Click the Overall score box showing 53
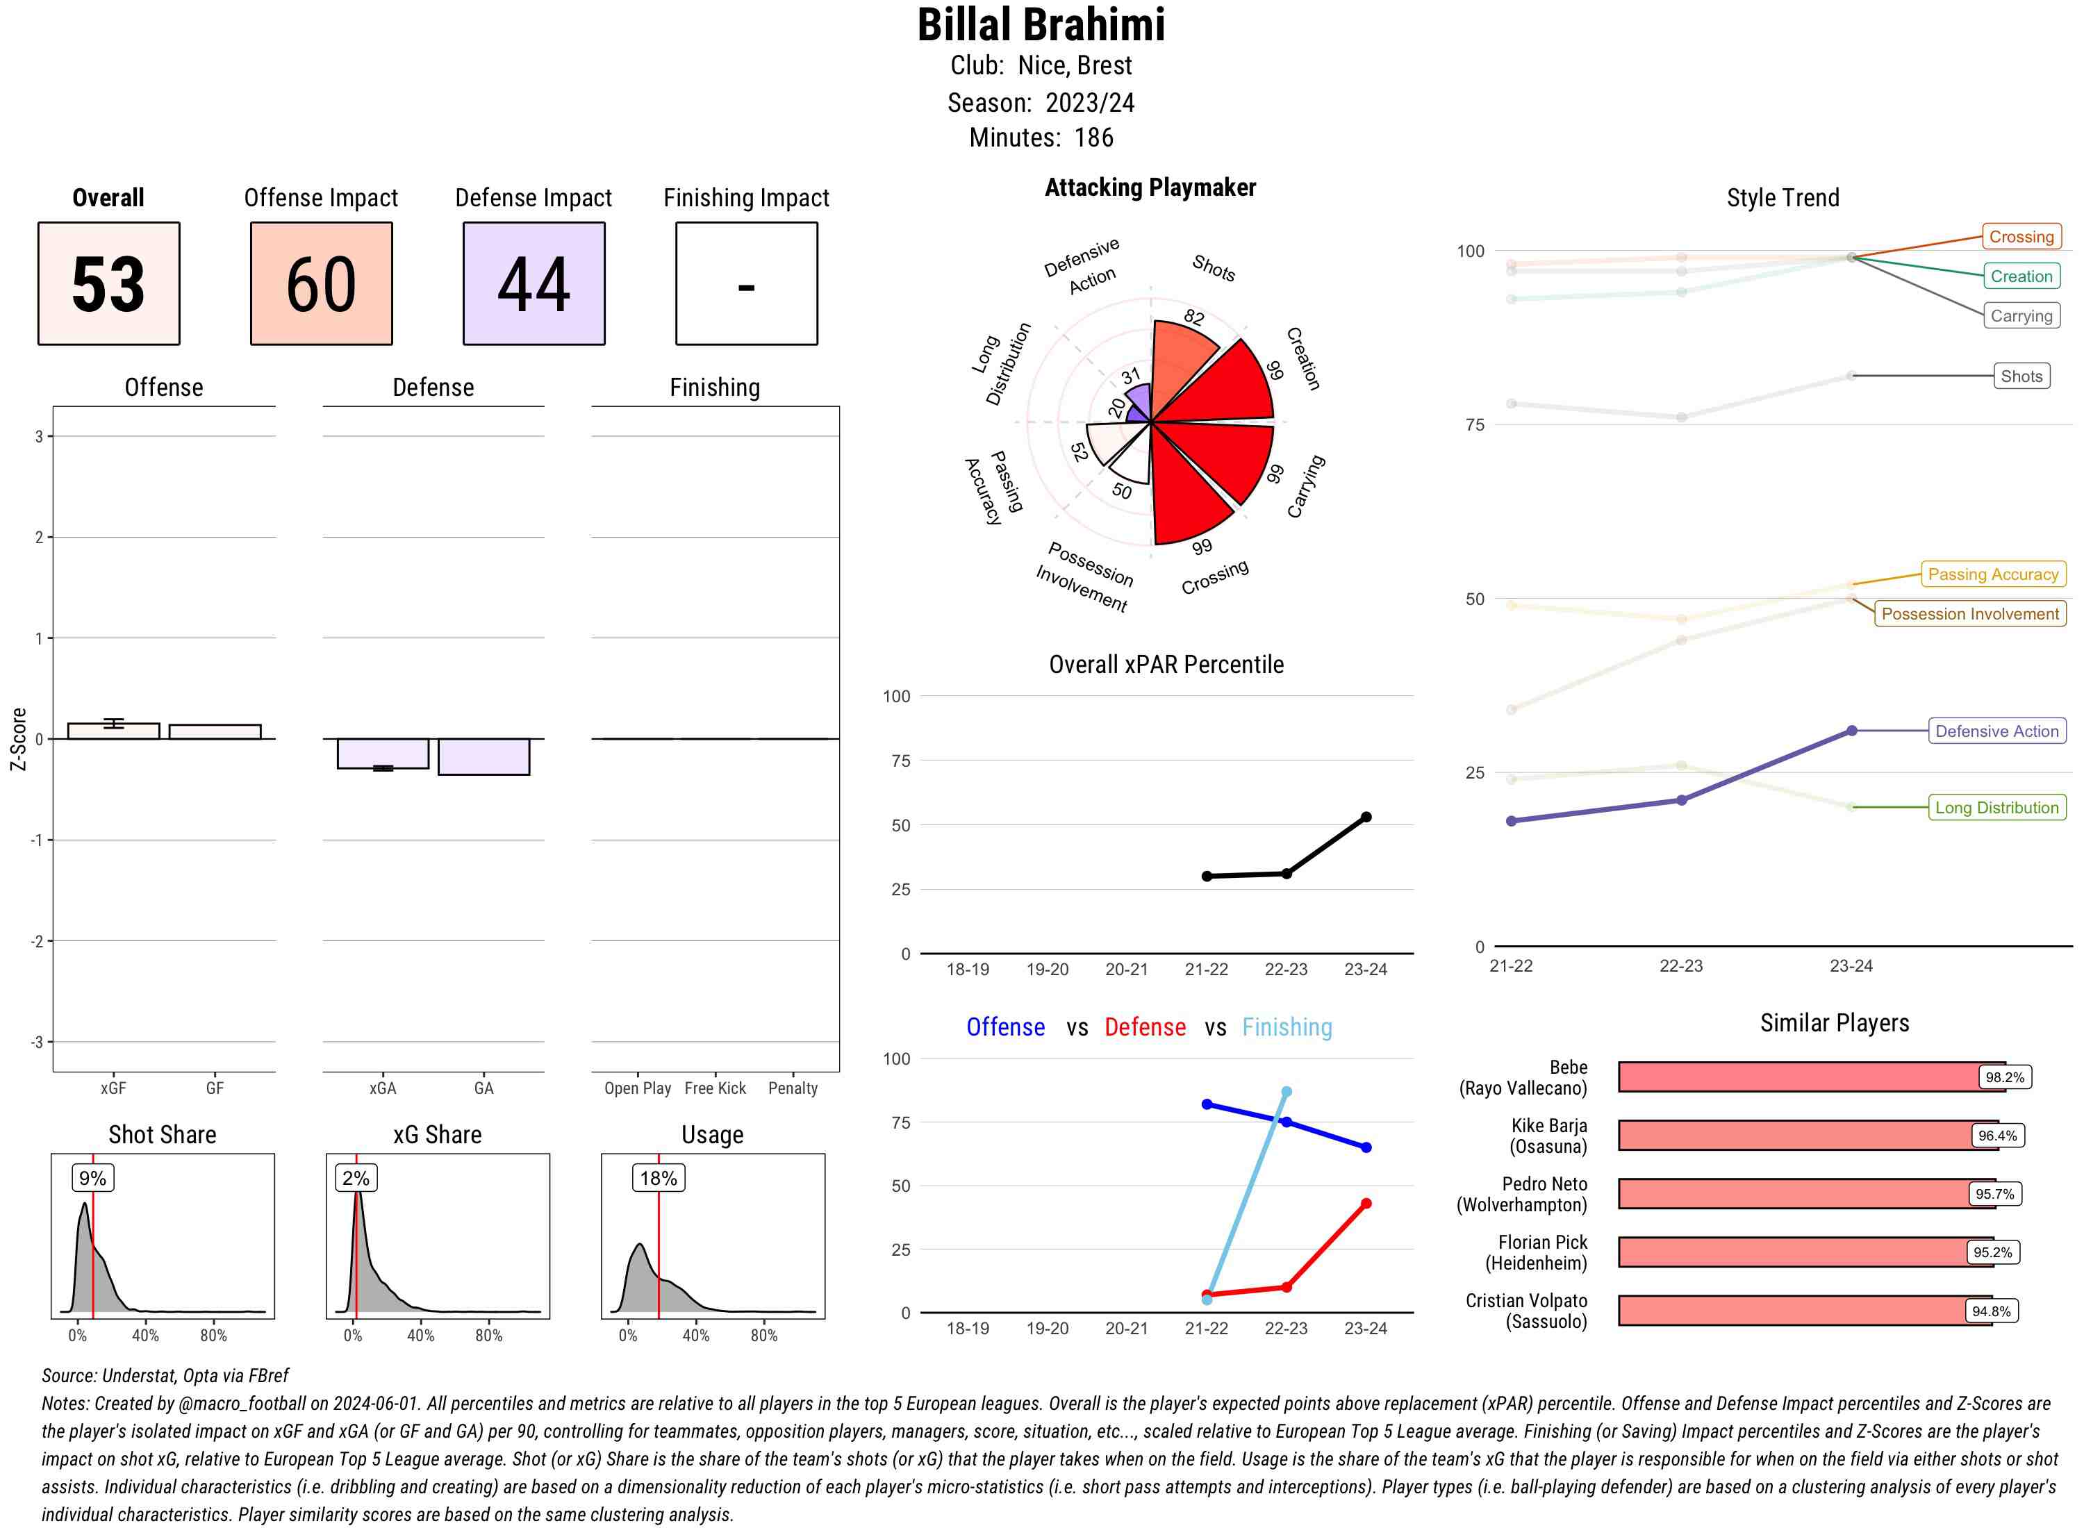pos(108,283)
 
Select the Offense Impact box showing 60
pos(321,283)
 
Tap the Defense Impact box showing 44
pos(534,283)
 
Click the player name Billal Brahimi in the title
pos(1041,25)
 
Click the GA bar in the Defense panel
pos(483,756)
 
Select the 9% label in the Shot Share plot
pos(92,1177)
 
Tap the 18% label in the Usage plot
pos(659,1177)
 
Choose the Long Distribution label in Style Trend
pos(1997,808)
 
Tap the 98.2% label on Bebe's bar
pos(2004,1077)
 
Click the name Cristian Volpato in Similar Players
pos(1526,1300)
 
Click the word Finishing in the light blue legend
pos(1287,1027)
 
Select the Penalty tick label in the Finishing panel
pos(793,1088)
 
